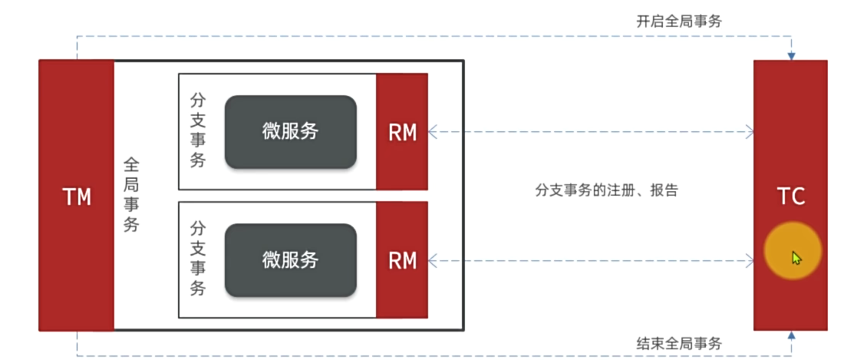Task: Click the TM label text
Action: coord(77,197)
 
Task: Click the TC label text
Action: coord(791,197)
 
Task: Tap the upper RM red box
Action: coord(402,132)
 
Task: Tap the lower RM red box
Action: coord(402,260)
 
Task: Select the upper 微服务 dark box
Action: coord(290,131)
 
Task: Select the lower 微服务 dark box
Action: coord(290,259)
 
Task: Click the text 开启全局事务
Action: coord(679,21)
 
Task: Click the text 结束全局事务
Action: coord(679,343)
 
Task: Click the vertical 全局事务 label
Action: coord(131,195)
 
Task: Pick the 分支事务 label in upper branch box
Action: coord(197,130)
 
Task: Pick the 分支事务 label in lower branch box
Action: coord(197,259)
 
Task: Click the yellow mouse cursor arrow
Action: coord(796,258)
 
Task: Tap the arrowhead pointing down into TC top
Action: coord(791,56)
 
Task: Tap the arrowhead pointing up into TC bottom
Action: coord(791,335)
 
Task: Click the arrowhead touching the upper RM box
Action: coord(433,132)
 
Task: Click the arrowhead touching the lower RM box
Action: coord(433,261)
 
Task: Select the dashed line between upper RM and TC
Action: coord(591,132)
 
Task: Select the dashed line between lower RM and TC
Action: coord(591,261)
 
